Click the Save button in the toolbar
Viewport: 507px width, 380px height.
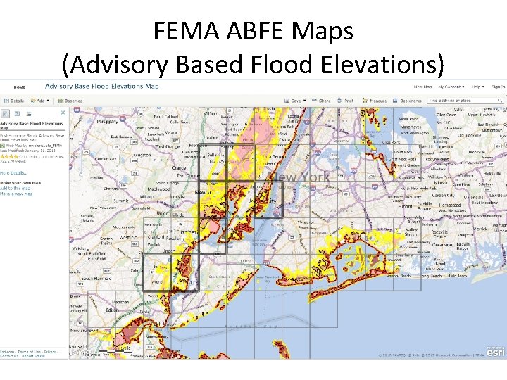click(296, 101)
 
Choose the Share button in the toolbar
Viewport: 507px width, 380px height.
click(323, 101)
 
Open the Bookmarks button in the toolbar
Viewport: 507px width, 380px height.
click(408, 101)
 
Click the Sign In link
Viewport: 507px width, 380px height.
click(498, 87)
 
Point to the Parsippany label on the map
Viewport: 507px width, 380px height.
click(89, 121)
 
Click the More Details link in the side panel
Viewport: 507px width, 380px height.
click(14, 172)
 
